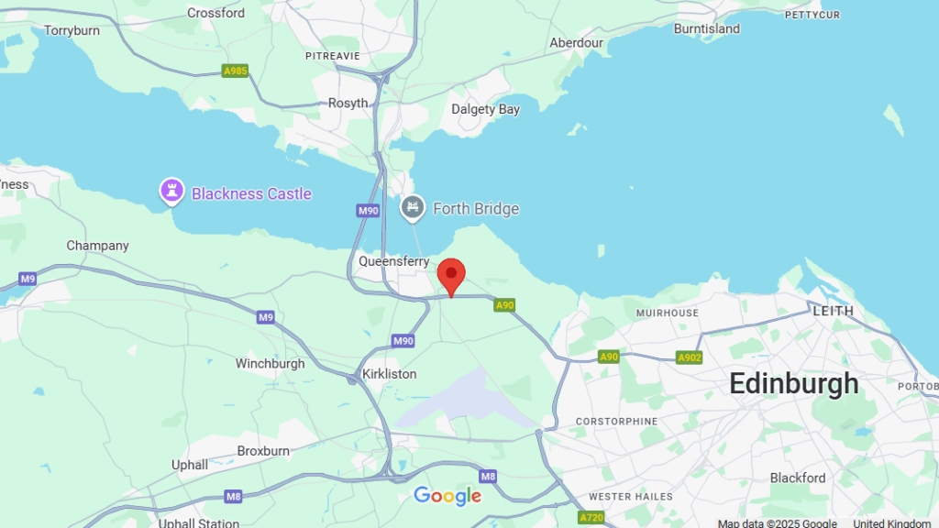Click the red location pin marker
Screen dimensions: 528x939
coord(450,275)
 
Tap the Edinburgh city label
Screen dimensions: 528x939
coord(793,384)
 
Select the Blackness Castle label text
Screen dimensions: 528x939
coord(251,194)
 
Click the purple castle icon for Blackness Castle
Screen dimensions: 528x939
coord(171,192)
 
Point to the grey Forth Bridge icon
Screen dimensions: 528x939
coord(414,208)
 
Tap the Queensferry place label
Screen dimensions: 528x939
coord(394,261)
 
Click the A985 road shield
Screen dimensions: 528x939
coord(235,71)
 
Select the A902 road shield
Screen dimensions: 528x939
coord(689,357)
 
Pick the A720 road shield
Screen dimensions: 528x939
coord(591,518)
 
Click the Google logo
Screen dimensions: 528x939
coord(447,496)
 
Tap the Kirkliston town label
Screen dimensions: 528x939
coord(389,374)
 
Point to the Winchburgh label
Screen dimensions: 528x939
coord(270,364)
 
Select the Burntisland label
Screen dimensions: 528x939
coord(706,28)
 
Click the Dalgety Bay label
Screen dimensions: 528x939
coord(485,109)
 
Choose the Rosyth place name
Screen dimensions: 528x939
coord(348,104)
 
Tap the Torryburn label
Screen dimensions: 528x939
coord(72,30)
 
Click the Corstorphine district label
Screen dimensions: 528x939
coord(616,422)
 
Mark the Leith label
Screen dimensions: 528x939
coord(833,311)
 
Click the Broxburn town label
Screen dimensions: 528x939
coord(263,451)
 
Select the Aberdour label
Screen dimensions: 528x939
coord(576,43)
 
